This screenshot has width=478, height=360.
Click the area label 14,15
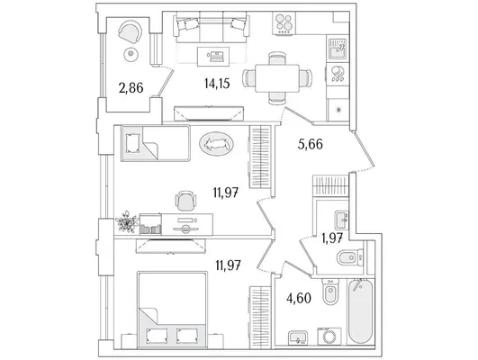point(217,83)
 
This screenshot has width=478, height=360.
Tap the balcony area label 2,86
point(131,88)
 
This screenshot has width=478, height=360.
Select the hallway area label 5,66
point(310,144)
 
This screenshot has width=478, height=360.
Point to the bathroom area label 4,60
point(299,298)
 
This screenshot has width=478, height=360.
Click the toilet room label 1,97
point(332,238)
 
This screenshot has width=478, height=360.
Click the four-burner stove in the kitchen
point(284,23)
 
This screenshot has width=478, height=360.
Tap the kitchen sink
point(338,49)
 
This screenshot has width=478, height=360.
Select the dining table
point(277,78)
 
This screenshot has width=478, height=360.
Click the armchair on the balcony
point(131,31)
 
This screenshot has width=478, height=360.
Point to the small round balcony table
point(131,55)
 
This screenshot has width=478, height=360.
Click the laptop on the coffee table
point(216,56)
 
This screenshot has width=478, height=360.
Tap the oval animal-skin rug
point(216,144)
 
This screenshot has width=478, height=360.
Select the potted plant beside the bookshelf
point(127,221)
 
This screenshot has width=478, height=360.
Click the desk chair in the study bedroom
point(185,201)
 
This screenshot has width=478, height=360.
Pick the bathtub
point(361,311)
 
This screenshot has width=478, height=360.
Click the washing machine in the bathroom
point(329,337)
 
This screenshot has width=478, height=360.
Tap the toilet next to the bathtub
point(330,292)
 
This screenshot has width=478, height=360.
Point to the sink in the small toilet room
point(341,220)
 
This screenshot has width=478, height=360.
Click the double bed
point(172,310)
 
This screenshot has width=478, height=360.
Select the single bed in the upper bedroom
point(156,143)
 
